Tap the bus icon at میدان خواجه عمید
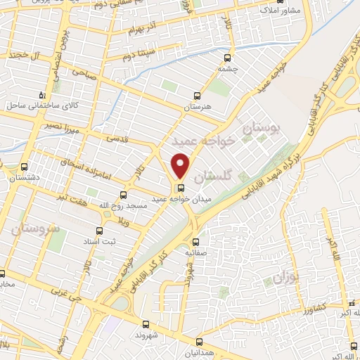pyautogui.click(x=181, y=188)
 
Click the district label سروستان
pyautogui.click(x=34, y=229)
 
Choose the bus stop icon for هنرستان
pyautogui.click(x=198, y=95)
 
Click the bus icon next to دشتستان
pyautogui.click(x=25, y=167)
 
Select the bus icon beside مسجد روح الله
pyautogui.click(x=123, y=195)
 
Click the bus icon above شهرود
pyautogui.click(x=146, y=324)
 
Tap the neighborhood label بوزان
pyautogui.click(x=288, y=278)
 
